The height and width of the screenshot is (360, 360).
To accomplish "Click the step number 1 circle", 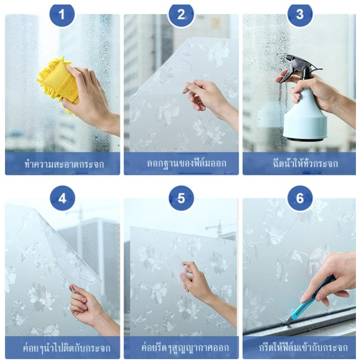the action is [x=62, y=14].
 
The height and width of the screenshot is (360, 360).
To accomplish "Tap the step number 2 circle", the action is [x=181, y=14].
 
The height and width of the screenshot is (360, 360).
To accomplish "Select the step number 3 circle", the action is [x=300, y=14].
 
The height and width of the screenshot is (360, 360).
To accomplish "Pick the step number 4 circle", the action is [x=63, y=198].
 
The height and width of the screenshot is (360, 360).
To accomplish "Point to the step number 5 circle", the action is [x=181, y=198].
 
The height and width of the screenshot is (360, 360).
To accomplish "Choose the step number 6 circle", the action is [x=300, y=198].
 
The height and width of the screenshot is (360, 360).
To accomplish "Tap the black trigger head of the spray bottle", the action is [x=298, y=69].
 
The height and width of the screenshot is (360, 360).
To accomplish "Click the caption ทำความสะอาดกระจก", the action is [x=64, y=164].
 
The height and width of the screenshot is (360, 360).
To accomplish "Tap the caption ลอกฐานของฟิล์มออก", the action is [x=187, y=164].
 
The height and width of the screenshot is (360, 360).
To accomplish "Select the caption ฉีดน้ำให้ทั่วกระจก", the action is [x=305, y=164].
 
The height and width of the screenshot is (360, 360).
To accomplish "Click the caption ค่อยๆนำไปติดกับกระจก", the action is [x=67, y=347].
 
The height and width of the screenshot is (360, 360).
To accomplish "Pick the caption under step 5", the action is [x=185, y=347].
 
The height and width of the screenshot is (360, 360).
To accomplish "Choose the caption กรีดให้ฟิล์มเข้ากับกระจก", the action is [x=303, y=347].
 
